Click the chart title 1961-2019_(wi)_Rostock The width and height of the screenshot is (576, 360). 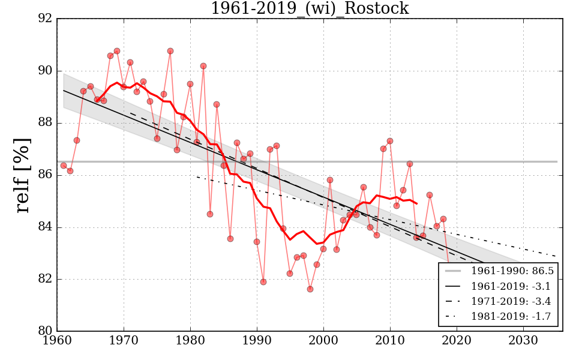coord(310,9)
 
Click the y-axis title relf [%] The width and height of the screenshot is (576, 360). coord(23,175)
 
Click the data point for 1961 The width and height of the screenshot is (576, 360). coord(64,165)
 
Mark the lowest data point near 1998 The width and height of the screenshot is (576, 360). coord(310,289)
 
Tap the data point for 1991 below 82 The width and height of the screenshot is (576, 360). coord(263,282)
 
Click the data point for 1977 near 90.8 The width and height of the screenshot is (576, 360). coord(170,51)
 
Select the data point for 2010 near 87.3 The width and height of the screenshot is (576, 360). coord(390,141)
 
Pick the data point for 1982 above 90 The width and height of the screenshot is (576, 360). coord(203,66)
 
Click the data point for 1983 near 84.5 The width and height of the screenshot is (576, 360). coord(210,214)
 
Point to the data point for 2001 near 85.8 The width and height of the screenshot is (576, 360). coord(330,180)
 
